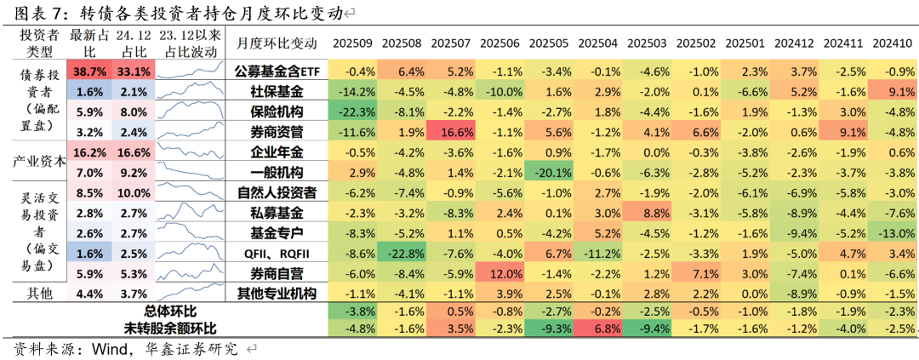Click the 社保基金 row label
(277, 91)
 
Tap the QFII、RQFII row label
(277, 254)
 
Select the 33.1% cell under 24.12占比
(134, 71)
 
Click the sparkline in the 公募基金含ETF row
(192, 71)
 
